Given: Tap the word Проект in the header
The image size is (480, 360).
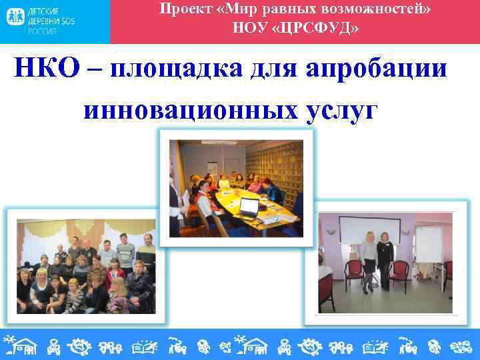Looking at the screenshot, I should pos(181,9).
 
